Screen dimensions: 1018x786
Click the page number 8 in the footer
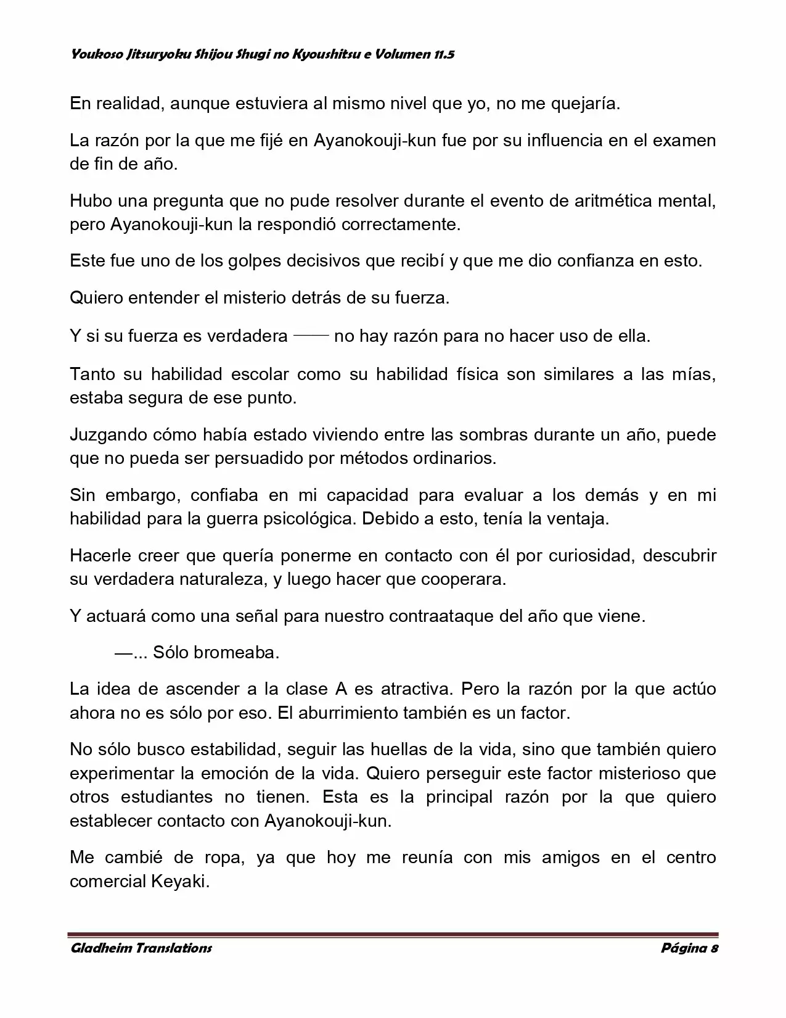point(714,948)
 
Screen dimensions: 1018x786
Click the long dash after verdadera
point(311,336)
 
